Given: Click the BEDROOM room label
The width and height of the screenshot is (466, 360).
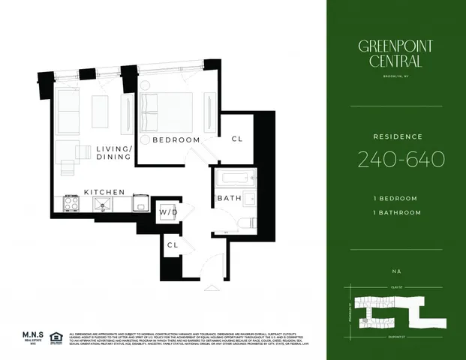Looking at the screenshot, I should [176, 139].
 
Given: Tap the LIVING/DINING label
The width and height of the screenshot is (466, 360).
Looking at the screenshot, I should [114, 154].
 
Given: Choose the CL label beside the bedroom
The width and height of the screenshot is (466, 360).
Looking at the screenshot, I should [237, 139].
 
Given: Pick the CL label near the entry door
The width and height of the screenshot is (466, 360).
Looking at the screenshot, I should [172, 244].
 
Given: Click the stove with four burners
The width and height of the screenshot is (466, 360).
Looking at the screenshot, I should [71, 204].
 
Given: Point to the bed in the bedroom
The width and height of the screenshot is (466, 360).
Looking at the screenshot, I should [168, 112].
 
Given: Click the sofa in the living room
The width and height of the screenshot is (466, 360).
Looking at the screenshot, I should [68, 110].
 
